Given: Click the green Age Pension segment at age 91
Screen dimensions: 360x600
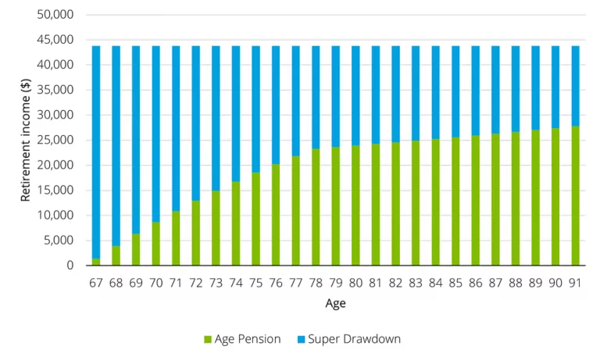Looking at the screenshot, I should [x=575, y=195].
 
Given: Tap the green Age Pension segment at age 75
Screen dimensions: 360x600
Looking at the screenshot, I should [x=255, y=219].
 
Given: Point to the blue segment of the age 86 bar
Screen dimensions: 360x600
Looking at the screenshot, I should [x=475, y=90].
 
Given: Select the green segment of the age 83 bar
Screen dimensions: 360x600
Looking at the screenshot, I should [x=416, y=202].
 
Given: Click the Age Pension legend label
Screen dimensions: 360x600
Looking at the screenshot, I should [x=248, y=339].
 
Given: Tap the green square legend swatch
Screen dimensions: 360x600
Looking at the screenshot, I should [x=208, y=340].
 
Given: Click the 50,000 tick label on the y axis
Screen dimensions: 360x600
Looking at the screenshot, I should [x=55, y=15].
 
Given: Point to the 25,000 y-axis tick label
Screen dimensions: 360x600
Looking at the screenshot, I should [x=55, y=141].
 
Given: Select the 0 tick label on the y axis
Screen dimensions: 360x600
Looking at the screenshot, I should [x=69, y=266].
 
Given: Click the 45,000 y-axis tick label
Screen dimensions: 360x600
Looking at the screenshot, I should [x=55, y=40].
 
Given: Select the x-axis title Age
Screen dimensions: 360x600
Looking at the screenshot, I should [x=335, y=303].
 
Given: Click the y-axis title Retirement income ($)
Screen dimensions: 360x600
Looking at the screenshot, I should [x=26, y=141].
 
